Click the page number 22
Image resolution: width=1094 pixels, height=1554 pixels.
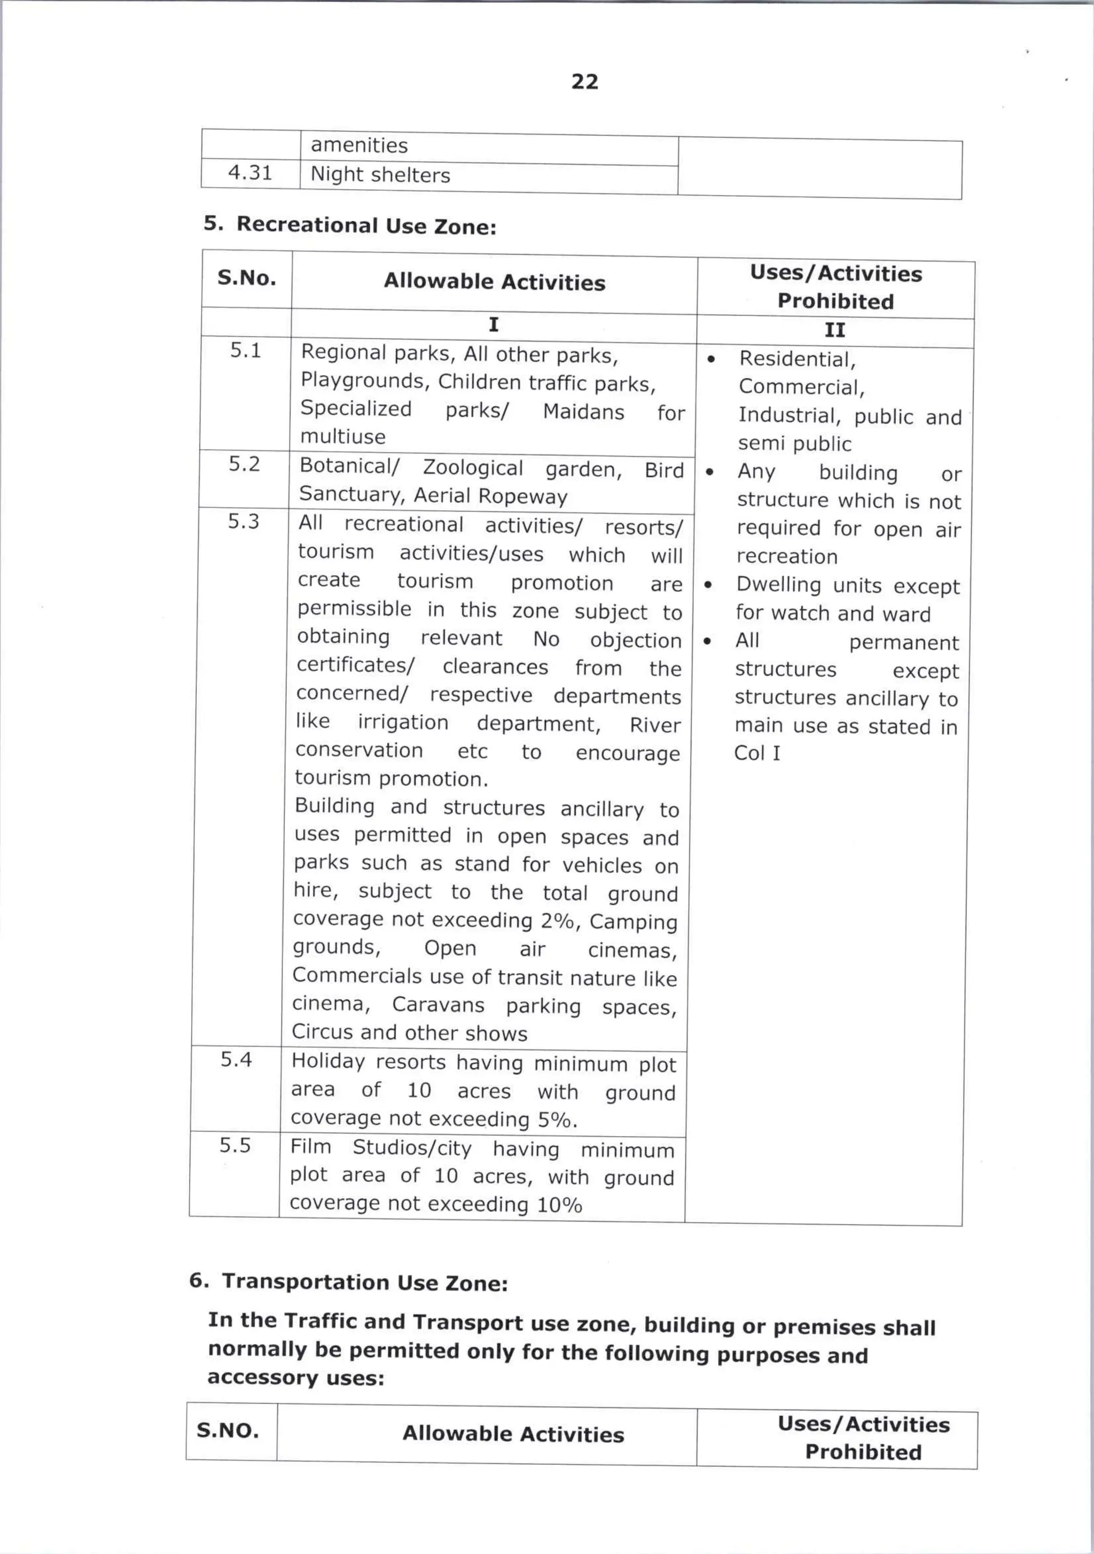click(584, 82)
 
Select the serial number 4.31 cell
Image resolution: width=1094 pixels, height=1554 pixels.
click(251, 173)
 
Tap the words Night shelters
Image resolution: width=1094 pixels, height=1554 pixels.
click(380, 175)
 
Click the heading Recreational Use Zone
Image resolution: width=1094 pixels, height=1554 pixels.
click(365, 226)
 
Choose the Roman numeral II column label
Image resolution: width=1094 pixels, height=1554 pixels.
click(834, 330)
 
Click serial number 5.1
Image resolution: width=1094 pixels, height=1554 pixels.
click(245, 351)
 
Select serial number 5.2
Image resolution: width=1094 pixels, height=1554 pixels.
click(244, 464)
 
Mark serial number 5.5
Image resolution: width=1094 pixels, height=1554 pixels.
click(234, 1146)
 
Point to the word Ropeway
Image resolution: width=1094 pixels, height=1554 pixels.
click(522, 497)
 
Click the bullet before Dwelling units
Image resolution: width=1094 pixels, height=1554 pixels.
click(708, 585)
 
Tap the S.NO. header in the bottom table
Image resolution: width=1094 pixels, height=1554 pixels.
click(228, 1430)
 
